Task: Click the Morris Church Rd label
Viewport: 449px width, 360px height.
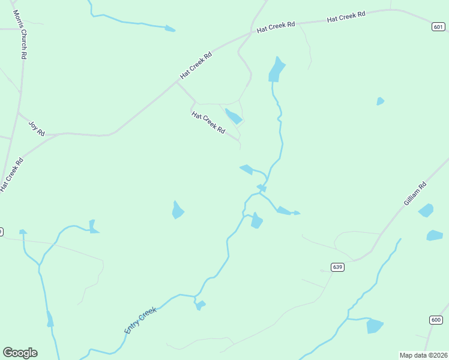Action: [x=23, y=34]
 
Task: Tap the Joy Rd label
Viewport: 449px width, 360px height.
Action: [x=37, y=128]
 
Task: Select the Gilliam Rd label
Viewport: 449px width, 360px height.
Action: [x=415, y=194]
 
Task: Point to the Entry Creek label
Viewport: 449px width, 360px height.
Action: [x=140, y=320]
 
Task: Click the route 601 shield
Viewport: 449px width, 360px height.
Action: [x=439, y=26]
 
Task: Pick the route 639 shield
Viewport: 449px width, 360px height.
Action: [x=337, y=266]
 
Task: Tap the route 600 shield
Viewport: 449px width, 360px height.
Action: [x=436, y=320]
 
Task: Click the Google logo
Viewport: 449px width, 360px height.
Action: [x=20, y=353]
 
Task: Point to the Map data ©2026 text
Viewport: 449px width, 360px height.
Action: [x=423, y=355]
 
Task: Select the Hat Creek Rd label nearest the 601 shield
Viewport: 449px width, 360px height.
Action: [x=346, y=17]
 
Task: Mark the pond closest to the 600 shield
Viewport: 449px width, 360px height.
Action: [x=375, y=326]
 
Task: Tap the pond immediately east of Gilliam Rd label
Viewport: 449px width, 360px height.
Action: [x=426, y=210]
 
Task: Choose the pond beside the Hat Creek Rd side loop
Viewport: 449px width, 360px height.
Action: [x=234, y=116]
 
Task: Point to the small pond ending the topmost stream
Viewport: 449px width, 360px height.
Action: [x=170, y=28]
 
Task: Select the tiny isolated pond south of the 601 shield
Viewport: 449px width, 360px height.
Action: [x=380, y=101]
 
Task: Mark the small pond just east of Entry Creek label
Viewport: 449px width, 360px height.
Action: [x=200, y=305]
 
